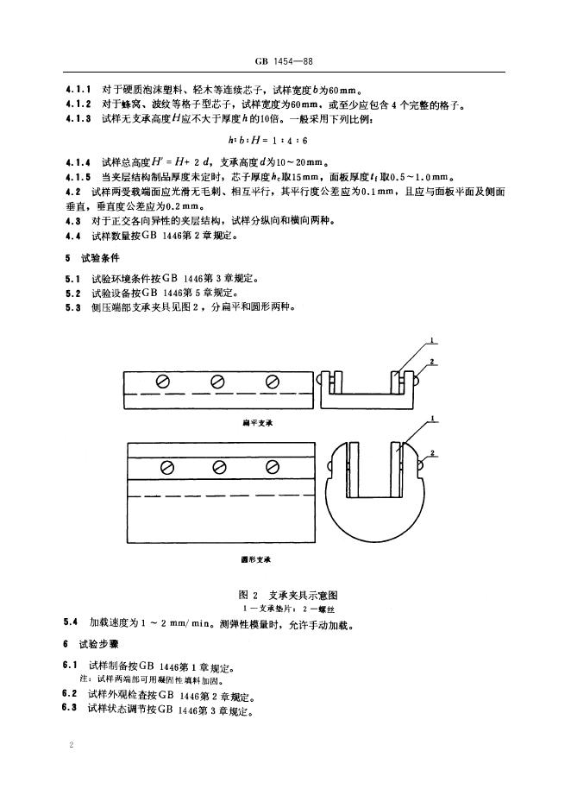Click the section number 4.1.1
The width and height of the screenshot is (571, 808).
pos(78,89)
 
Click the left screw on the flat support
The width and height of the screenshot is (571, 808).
pos(162,381)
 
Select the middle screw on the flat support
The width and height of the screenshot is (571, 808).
pos(217,381)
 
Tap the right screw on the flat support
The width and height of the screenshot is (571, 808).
pos(273,381)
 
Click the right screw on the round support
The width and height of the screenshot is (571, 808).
pos(273,467)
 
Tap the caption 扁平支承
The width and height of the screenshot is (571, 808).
pos(258,424)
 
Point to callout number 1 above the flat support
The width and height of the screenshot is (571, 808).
pos(431,339)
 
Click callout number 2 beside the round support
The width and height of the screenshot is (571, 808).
pos(430,451)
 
